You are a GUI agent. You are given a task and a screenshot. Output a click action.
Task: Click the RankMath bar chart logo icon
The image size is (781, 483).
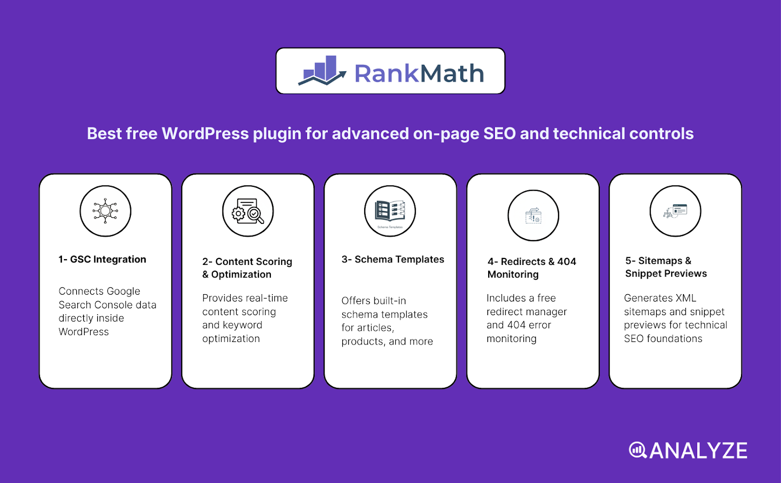(322, 71)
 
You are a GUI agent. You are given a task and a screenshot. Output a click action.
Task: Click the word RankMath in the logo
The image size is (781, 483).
(419, 74)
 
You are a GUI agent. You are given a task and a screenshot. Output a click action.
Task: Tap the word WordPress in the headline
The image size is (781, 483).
(205, 134)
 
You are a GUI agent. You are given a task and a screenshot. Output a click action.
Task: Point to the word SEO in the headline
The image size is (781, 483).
(499, 134)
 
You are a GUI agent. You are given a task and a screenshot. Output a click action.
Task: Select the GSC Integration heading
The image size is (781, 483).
(103, 260)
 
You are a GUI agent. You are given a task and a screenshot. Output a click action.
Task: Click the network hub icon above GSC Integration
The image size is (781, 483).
(105, 211)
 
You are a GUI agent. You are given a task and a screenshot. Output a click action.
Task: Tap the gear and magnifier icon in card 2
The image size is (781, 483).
(248, 211)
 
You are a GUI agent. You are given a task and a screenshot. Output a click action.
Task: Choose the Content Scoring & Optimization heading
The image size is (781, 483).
(247, 268)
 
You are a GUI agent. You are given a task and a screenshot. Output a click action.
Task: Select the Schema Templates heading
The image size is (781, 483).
(393, 260)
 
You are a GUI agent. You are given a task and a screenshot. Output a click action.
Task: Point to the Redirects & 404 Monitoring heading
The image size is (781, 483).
(532, 268)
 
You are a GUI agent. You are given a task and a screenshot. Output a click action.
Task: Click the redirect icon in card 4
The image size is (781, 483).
(533, 216)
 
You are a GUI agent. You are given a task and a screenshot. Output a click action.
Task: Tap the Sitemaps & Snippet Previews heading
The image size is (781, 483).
(666, 267)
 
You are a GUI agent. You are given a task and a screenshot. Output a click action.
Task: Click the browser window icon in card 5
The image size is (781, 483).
(676, 211)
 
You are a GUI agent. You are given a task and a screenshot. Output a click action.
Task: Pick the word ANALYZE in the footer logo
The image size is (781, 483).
(699, 451)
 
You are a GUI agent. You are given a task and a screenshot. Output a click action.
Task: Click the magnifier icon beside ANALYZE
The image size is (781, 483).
(637, 450)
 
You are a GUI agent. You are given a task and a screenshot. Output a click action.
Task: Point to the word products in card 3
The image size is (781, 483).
(362, 342)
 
